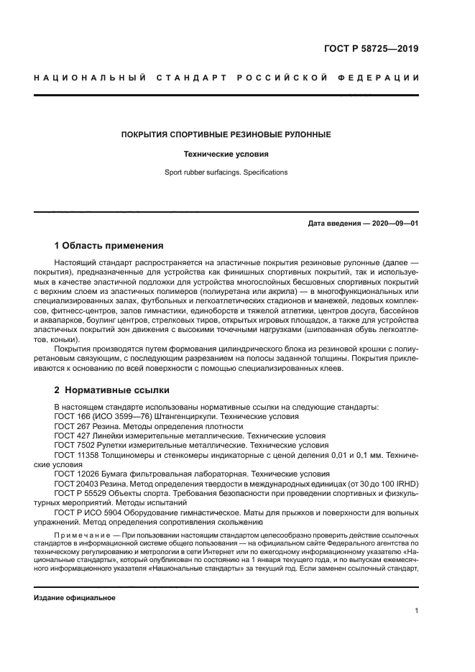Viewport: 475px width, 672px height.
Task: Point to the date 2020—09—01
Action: point(392,224)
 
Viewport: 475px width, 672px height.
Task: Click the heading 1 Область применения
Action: point(109,245)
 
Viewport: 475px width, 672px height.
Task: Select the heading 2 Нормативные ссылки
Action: point(112,390)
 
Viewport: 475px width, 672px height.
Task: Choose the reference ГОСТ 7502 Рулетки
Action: point(129,445)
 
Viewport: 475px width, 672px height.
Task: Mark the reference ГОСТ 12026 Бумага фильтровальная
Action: point(144,474)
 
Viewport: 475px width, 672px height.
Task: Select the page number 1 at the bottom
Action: point(416,611)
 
